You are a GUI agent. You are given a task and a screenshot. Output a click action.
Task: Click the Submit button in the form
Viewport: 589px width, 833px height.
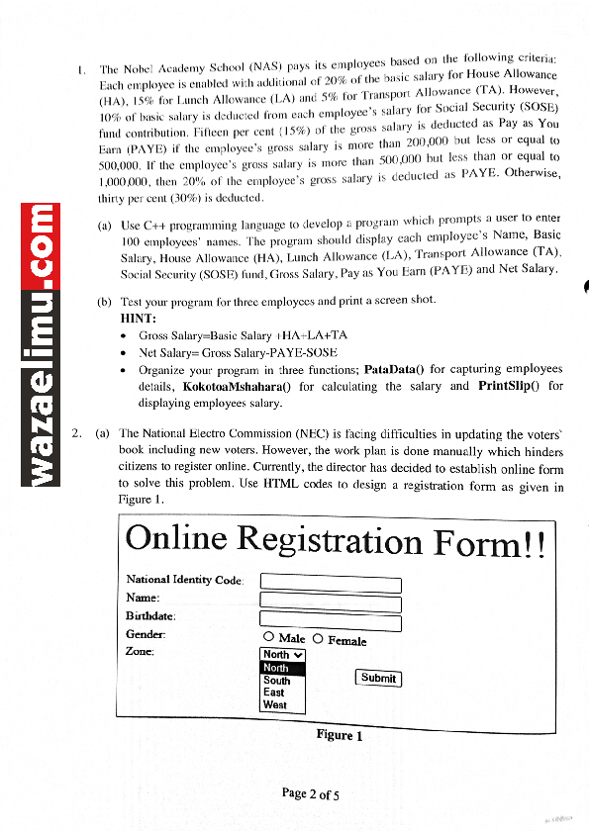(x=378, y=678)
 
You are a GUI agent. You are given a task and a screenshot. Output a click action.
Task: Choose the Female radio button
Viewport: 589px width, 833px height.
(x=318, y=640)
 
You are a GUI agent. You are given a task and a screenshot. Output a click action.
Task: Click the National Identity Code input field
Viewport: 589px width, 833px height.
(x=330, y=585)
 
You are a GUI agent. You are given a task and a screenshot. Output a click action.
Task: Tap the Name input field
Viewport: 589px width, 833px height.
(x=330, y=603)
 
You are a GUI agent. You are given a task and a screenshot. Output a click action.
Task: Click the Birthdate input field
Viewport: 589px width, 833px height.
(x=330, y=622)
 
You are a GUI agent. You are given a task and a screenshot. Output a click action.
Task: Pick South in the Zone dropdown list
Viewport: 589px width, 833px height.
(x=277, y=681)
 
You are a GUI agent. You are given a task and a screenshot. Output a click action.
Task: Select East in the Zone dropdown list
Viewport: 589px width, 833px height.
(x=274, y=693)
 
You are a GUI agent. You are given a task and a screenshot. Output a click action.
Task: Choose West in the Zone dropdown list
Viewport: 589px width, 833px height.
(x=275, y=705)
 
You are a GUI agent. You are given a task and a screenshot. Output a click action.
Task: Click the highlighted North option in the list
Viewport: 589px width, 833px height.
(x=277, y=669)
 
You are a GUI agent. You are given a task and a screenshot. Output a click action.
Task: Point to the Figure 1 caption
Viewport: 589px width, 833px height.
(x=340, y=735)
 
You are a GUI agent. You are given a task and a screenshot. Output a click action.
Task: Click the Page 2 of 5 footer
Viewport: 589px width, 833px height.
(x=310, y=793)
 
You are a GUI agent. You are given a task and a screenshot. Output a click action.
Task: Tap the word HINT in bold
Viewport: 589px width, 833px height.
(x=140, y=320)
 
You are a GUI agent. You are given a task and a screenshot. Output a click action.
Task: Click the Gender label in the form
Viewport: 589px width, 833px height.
(x=146, y=633)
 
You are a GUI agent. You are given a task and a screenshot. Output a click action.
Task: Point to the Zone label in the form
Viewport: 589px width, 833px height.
(x=140, y=651)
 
